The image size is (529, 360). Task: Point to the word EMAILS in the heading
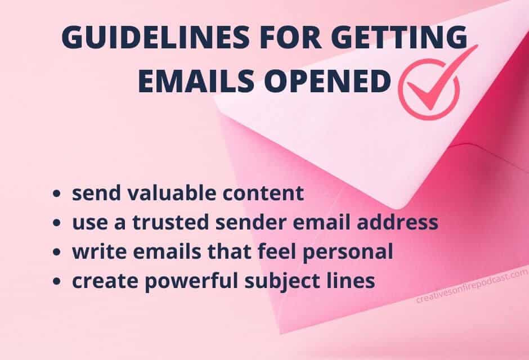coord(196,81)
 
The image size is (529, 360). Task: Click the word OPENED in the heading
coord(328,81)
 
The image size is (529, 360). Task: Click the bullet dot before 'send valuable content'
coord(57,194)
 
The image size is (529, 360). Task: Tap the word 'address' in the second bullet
coord(397,223)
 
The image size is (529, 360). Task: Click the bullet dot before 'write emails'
coord(57,252)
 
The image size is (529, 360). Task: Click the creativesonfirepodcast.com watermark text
coord(472,286)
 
